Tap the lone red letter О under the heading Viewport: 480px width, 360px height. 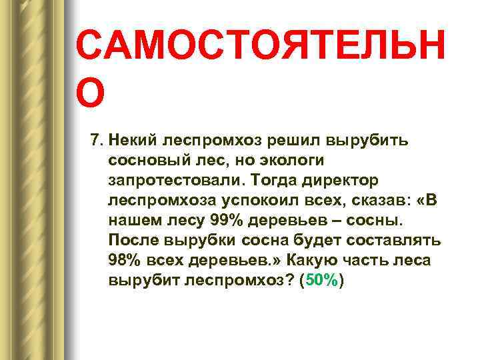coord(90,94)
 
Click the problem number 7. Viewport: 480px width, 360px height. coord(95,141)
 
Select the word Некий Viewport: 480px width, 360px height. coord(132,141)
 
